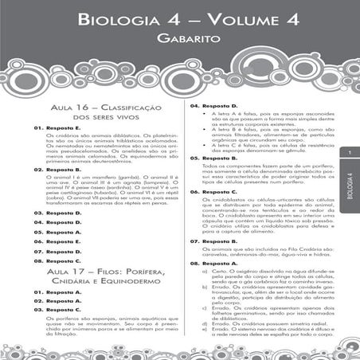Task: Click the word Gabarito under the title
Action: [179, 37]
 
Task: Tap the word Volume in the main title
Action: [245, 17]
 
